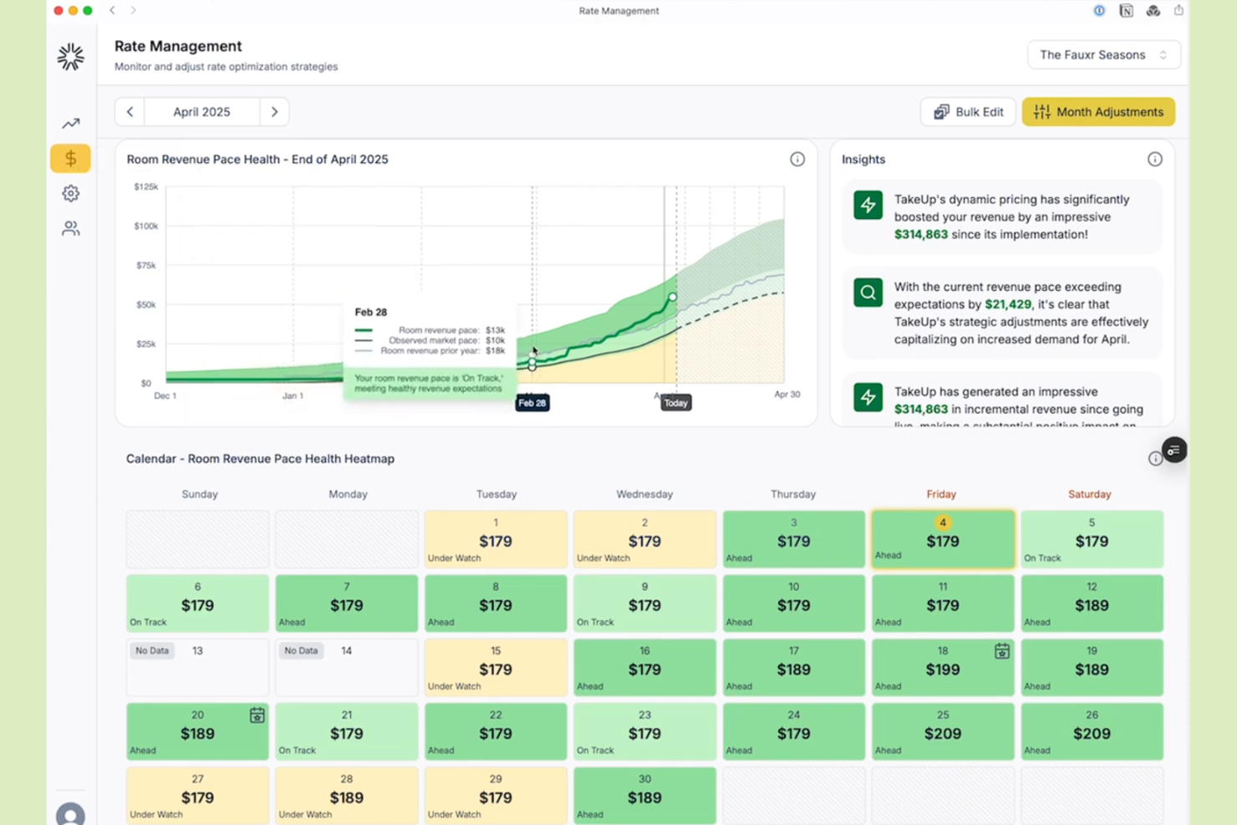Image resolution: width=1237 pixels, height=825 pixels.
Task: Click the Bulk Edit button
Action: pos(968,112)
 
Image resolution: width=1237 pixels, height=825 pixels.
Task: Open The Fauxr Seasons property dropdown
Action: pos(1103,55)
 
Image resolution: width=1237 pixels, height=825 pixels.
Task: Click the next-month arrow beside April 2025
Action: pos(274,112)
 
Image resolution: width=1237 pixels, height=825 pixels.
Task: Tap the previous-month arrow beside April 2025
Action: pos(130,112)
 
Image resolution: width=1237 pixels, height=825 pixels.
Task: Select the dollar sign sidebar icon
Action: pos(70,158)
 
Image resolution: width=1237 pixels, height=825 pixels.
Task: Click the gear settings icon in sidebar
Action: pos(70,193)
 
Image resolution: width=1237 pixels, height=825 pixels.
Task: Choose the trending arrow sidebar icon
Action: pos(70,124)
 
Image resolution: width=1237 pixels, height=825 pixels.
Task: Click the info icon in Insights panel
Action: pos(1154,160)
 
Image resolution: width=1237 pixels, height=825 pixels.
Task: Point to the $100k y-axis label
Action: pos(145,226)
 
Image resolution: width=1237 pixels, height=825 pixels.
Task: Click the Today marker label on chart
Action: pos(675,403)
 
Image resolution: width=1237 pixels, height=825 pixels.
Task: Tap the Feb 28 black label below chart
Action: pos(532,403)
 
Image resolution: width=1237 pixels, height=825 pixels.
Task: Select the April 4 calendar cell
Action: pos(942,539)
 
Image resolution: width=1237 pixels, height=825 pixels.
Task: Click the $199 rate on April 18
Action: pos(942,670)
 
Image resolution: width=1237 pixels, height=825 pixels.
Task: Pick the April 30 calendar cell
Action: pos(644,795)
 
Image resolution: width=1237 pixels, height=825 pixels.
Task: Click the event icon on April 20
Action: pos(257,716)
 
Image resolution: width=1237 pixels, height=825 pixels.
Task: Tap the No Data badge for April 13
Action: pos(152,650)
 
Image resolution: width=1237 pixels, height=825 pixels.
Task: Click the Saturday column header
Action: pos(1089,494)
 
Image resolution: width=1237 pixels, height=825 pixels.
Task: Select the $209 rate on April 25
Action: pos(942,734)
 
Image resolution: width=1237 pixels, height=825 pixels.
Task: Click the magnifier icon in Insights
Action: pos(868,293)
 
